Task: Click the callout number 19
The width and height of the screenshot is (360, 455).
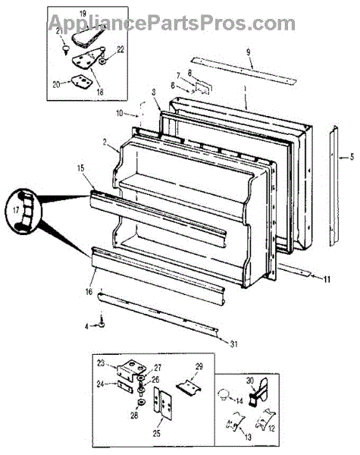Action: pos(83,14)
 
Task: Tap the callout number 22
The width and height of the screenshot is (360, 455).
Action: pos(120,49)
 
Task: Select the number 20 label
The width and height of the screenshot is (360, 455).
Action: pos(57,84)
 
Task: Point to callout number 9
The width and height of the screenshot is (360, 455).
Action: pos(249,52)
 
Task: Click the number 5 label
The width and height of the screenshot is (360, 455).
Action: pos(352,157)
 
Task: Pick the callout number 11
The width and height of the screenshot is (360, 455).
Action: pos(327,279)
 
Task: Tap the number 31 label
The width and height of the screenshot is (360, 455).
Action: pos(234,344)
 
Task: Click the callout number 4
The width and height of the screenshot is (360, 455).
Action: pos(86,326)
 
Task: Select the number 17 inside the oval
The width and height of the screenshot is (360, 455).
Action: pos(16,210)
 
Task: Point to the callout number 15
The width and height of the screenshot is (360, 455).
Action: pos(80,168)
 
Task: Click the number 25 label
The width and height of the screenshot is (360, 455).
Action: pos(157,434)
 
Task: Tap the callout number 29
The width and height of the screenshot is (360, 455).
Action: pos(199,367)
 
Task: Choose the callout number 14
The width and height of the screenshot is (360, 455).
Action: pos(239,401)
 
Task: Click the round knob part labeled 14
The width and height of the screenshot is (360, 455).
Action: pos(224,394)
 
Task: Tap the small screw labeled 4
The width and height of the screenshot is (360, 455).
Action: pos(102,323)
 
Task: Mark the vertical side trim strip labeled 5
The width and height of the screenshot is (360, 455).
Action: pos(333,186)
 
